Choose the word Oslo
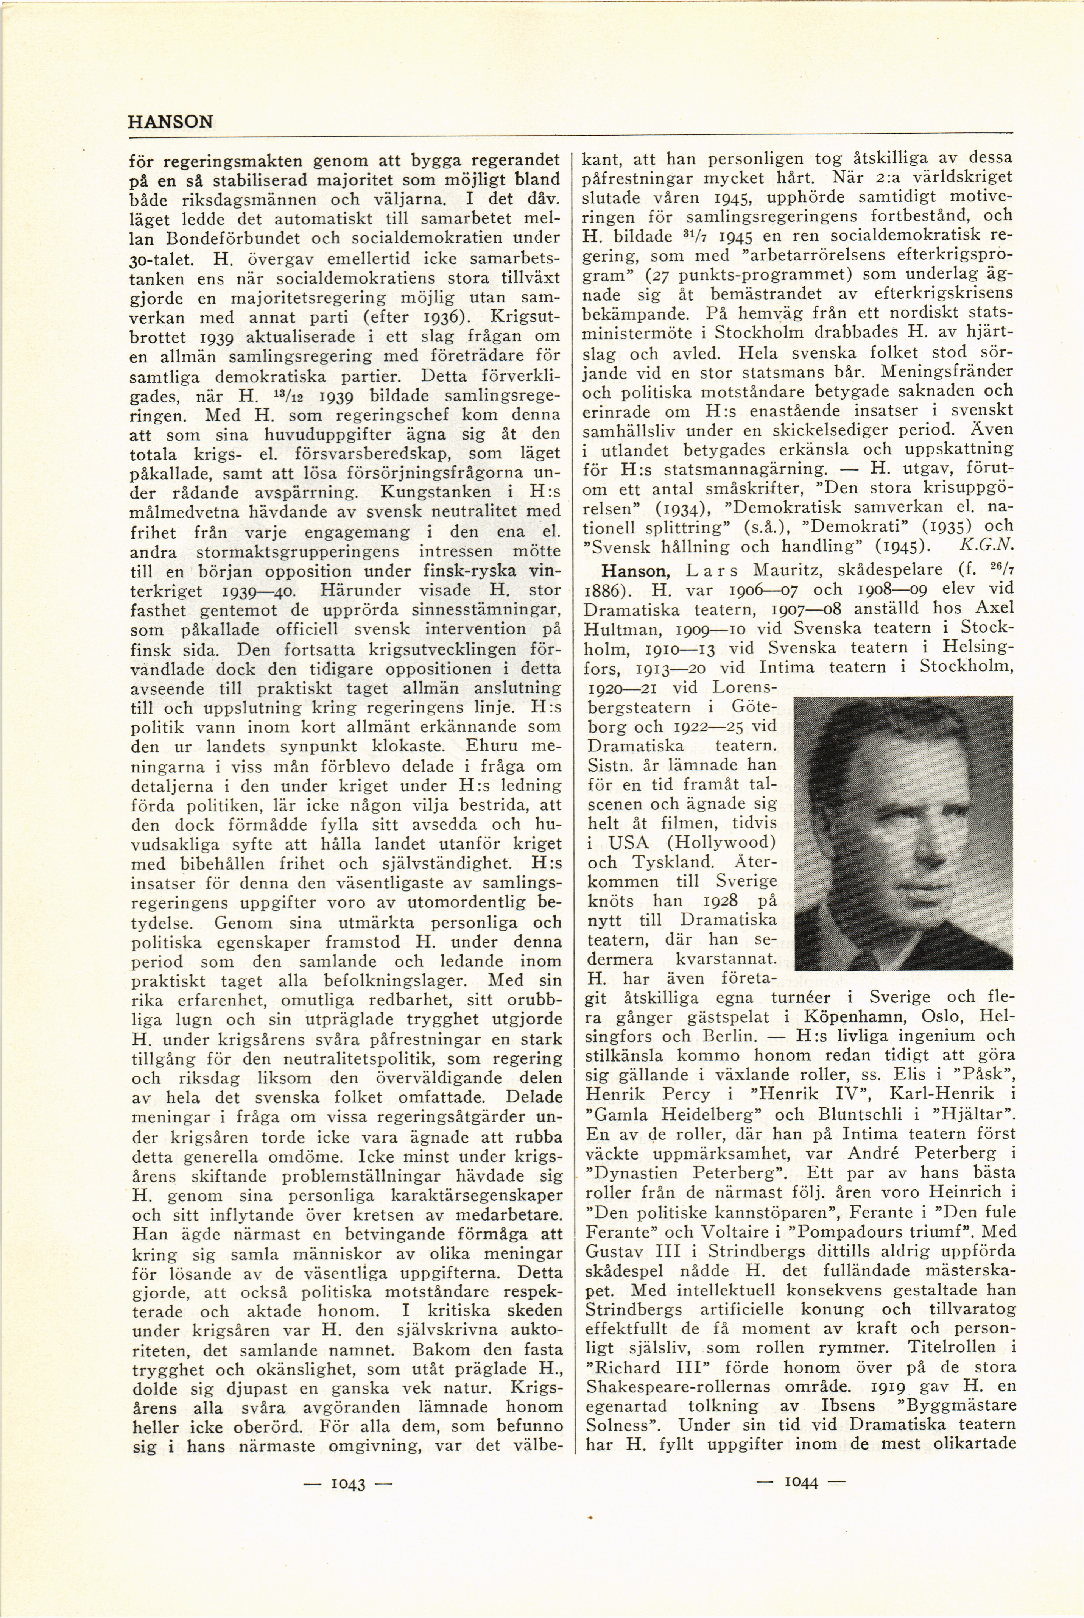pyautogui.click(x=952, y=1017)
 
